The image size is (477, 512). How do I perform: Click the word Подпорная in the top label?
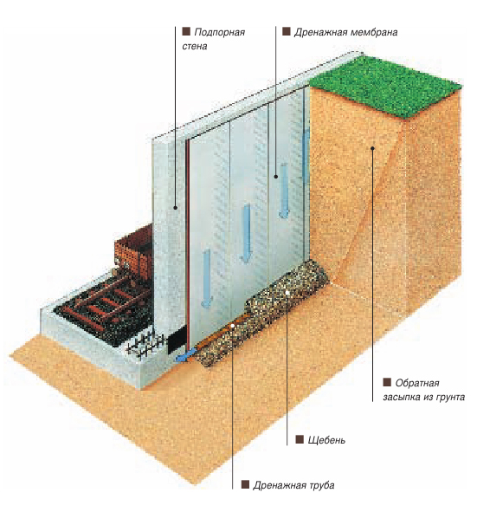(219, 32)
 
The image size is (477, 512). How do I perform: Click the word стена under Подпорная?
(195, 47)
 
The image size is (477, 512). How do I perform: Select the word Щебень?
(326, 440)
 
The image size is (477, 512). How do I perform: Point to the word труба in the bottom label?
(320, 485)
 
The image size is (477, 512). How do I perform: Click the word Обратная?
(417, 383)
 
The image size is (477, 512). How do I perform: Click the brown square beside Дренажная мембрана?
(287, 31)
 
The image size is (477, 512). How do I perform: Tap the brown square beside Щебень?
(300, 439)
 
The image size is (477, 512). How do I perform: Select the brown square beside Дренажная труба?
(245, 484)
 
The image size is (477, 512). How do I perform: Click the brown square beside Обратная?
(387, 382)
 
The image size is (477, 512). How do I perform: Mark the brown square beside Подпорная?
(186, 31)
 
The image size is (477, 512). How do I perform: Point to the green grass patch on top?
(385, 85)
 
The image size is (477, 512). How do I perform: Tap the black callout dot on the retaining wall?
(175, 208)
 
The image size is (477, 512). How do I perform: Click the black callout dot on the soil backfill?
(372, 148)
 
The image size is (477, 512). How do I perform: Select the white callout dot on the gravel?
(287, 293)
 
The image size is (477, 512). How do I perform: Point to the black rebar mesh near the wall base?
(145, 344)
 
